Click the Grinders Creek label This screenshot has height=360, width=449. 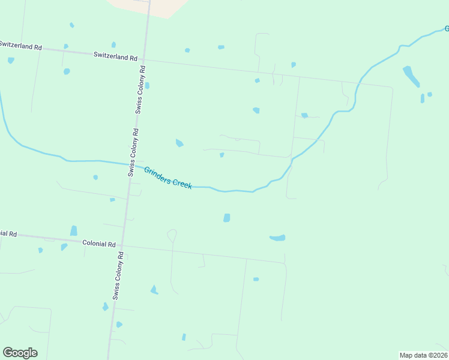pos(167,178)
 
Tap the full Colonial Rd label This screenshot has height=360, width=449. pos(100,244)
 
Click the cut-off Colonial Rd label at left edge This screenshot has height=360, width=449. pos(8,233)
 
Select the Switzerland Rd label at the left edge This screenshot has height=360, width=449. pos(20,45)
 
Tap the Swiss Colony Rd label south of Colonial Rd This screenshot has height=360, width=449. pos(118,275)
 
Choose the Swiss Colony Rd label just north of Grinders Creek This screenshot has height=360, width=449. pos(133,152)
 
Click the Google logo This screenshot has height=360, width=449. pos(20,353)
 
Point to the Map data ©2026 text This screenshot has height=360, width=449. pos(423,355)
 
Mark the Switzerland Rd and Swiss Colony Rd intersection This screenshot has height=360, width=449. pos(146,59)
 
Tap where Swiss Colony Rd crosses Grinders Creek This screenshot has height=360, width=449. pos(130,164)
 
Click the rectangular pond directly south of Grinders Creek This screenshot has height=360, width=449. pos(226,218)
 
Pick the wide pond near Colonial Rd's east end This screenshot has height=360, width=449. pos(277,238)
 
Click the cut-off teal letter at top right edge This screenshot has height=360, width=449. pos(446,28)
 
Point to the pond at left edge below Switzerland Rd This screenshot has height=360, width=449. pos(11,60)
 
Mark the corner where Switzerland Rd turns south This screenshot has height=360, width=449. pos(391,88)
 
